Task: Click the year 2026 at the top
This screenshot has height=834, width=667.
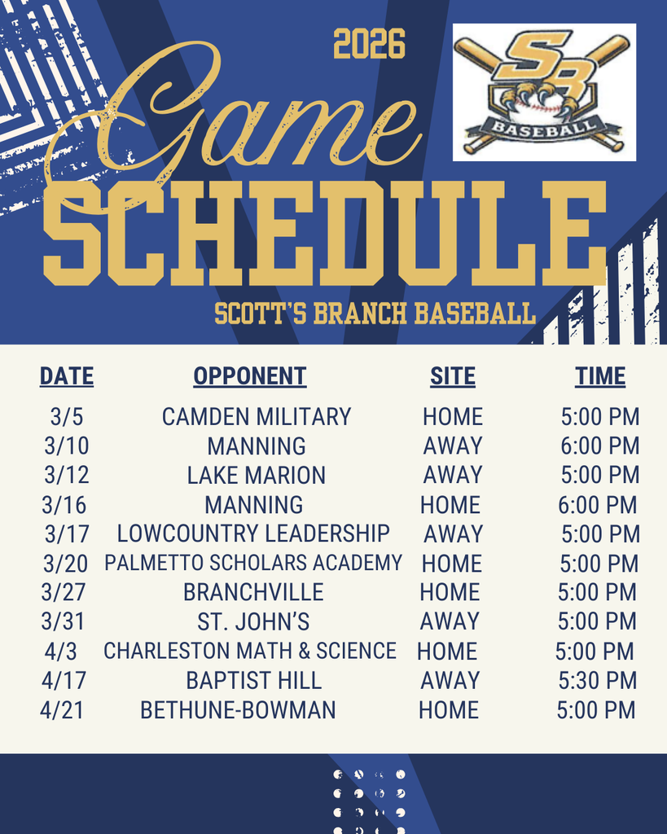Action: coord(369,45)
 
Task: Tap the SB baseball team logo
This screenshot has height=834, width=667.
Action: coord(543,92)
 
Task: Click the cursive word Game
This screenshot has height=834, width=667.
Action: coord(236,114)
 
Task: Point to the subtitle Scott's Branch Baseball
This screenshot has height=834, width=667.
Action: coord(375,314)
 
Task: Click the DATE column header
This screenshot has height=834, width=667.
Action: coord(67,376)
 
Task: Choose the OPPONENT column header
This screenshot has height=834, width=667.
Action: coord(250,376)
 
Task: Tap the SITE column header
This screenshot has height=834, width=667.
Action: coord(453,376)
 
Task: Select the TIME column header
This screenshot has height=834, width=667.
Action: coord(600,376)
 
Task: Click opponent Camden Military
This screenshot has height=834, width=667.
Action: coord(257,417)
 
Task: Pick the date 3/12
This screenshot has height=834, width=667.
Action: coord(67,475)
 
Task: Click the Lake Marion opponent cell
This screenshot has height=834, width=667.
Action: coord(257,475)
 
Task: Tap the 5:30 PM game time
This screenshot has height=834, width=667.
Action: coord(597,680)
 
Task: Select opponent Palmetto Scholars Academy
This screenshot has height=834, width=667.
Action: coord(253,563)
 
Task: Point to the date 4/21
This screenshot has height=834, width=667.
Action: coord(62,709)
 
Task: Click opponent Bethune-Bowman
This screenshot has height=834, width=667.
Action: coord(238,709)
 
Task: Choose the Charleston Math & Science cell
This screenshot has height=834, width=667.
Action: coord(250,651)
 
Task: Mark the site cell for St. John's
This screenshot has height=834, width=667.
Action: coord(450,621)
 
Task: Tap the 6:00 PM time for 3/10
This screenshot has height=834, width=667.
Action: coord(600,446)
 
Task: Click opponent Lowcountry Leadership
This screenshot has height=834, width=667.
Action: coord(253,533)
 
